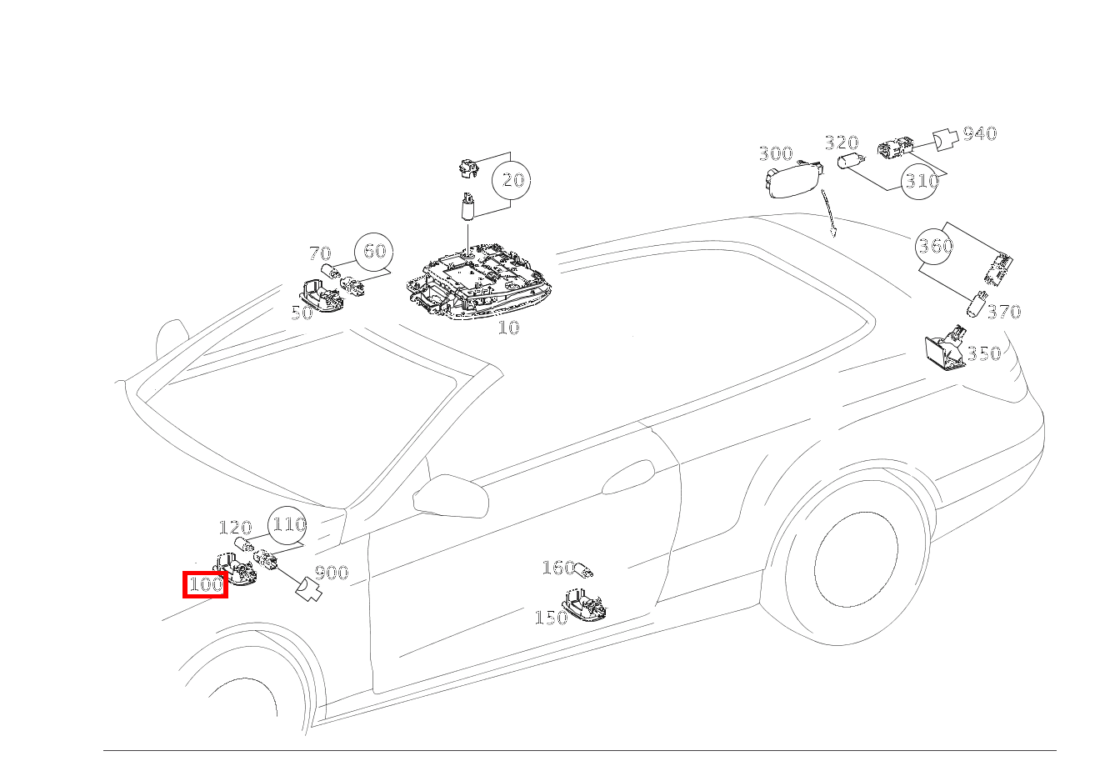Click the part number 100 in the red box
pyautogui.click(x=206, y=584)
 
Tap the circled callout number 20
pyautogui.click(x=512, y=180)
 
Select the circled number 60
pyautogui.click(x=374, y=252)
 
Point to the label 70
pyautogui.click(x=320, y=253)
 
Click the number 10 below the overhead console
pyautogui.click(x=508, y=328)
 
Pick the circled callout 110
pyautogui.click(x=287, y=525)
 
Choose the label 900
pyautogui.click(x=332, y=573)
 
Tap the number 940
pyautogui.click(x=980, y=133)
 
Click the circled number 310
pyautogui.click(x=920, y=181)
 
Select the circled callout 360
pyautogui.click(x=934, y=245)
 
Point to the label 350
pyautogui.click(x=983, y=353)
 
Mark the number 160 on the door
pyautogui.click(x=558, y=568)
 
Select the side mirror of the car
pyautogui.click(x=450, y=496)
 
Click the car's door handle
pyautogui.click(x=628, y=477)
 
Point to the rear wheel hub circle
pyautogui.click(x=856, y=559)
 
